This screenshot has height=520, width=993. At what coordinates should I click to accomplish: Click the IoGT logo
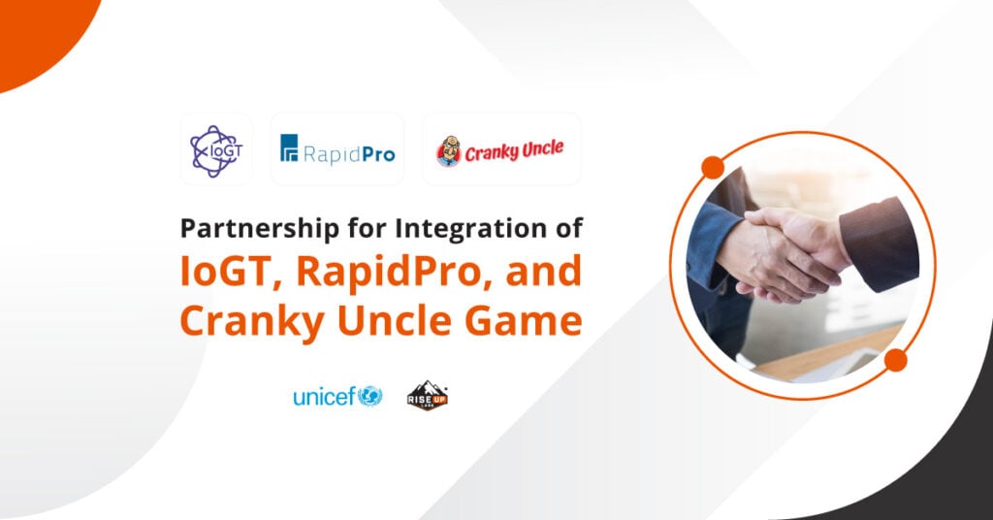click(216, 148)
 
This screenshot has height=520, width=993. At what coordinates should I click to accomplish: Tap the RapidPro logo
click(337, 149)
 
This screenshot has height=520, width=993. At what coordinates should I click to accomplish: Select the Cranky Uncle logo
click(500, 149)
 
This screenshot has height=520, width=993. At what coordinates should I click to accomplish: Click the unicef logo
click(337, 396)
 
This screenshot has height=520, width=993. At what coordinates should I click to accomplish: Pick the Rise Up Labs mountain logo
click(427, 395)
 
